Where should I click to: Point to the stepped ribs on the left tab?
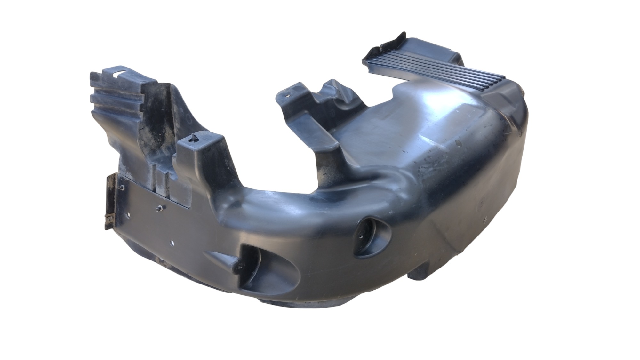coord(112,99)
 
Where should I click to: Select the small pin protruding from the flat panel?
coord(159,209)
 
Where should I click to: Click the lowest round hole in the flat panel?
coord(173,243)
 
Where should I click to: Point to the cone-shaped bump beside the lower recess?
coord(221,258)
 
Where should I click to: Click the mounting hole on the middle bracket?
coord(289,95)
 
